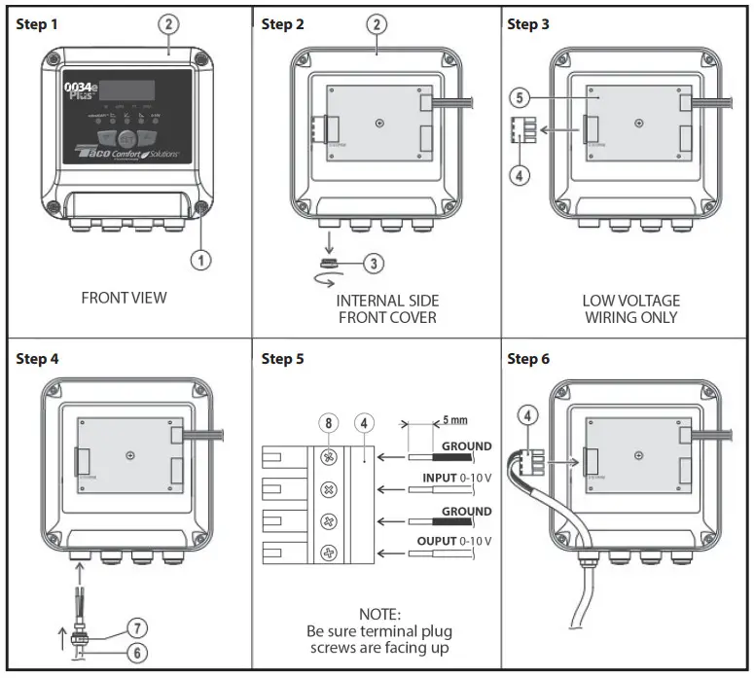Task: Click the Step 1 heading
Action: (37, 24)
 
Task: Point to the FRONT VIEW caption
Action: (124, 298)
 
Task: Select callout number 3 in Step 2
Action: (374, 263)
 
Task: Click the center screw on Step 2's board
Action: (377, 122)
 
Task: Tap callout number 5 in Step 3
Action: (521, 97)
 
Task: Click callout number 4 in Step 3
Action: (521, 177)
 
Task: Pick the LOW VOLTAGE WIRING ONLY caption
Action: (631, 309)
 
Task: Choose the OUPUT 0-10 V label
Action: (453, 541)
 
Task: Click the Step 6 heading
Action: (528, 359)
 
